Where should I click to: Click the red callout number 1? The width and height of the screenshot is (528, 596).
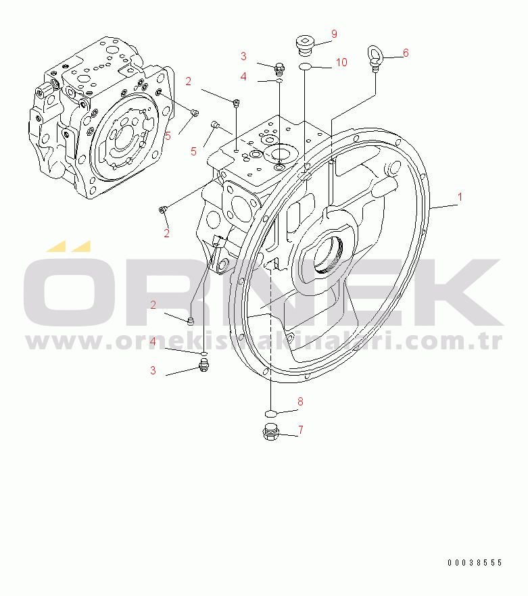tap(460, 197)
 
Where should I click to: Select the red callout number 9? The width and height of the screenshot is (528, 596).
tap(334, 34)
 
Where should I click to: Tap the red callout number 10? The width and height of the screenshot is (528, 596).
tap(341, 62)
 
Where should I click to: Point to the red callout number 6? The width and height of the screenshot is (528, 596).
tap(406, 53)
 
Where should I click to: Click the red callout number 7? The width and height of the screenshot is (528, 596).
tap(301, 430)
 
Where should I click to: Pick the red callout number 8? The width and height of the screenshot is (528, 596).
tap(300, 401)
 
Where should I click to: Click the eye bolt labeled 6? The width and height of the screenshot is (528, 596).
tap(375, 58)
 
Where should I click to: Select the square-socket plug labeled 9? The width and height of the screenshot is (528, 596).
tap(305, 45)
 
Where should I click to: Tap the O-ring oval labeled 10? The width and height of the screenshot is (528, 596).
tap(305, 67)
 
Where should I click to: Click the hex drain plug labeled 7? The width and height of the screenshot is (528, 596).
tap(271, 432)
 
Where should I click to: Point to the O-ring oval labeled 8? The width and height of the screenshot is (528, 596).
tap(270, 413)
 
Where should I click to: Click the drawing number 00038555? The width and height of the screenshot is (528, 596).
tap(475, 562)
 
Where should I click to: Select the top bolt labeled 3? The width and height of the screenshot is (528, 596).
tap(280, 68)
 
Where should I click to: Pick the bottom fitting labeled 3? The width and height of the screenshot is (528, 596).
tap(204, 365)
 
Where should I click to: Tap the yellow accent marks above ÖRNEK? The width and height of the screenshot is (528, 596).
tap(68, 246)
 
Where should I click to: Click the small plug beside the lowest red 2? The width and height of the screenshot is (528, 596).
tap(191, 321)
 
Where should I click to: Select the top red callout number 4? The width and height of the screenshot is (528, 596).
tap(243, 77)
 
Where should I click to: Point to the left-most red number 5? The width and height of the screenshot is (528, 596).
tap(168, 136)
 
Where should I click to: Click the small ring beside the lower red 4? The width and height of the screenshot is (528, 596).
tap(204, 354)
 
